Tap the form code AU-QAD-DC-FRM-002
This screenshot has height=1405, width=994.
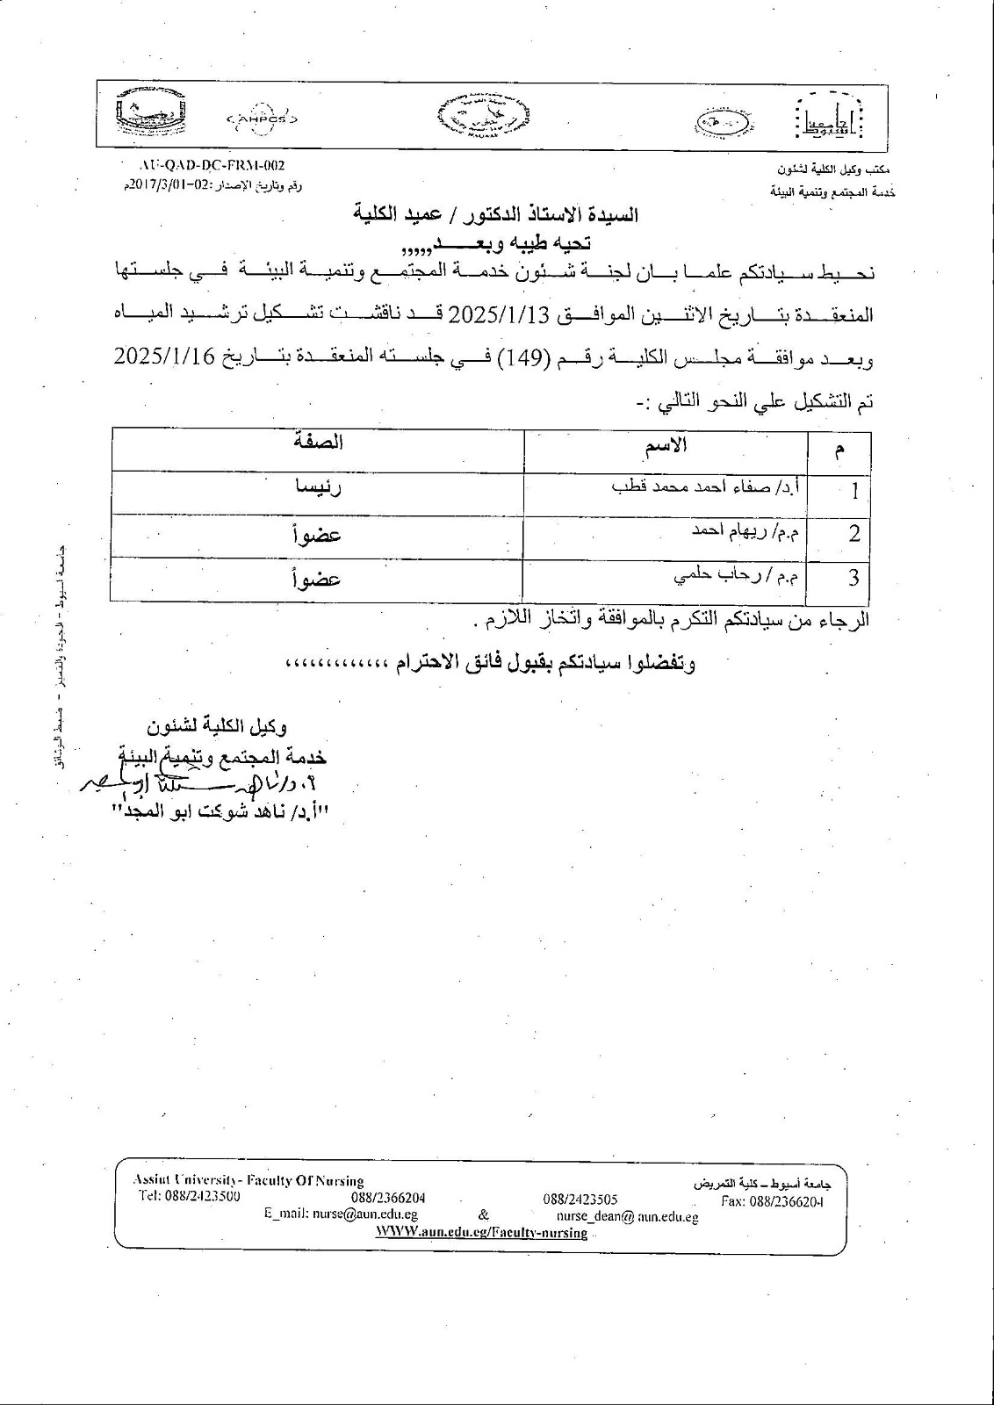pos(212,164)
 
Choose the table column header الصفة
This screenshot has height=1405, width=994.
pos(318,443)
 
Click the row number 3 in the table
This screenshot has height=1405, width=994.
pos(853,579)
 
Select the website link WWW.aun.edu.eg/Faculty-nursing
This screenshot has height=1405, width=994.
pos(481,1233)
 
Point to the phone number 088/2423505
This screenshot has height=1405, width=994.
pos(580,1199)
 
